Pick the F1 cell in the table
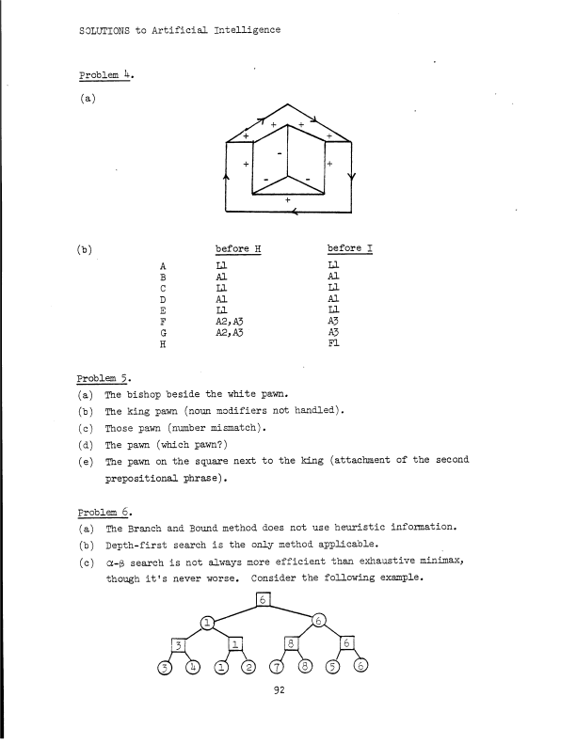pyautogui.click(x=334, y=343)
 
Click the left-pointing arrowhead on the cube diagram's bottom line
pyautogui.click(x=296, y=212)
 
